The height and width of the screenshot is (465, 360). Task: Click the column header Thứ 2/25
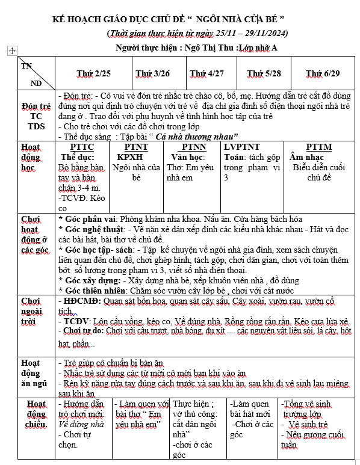pos(93,73)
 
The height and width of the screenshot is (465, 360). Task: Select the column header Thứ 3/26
pos(152,73)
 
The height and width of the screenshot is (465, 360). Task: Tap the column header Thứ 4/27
pos(207,73)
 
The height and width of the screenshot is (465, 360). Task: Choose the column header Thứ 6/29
pos(323,73)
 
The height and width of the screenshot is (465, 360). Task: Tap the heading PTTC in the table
pos(82,147)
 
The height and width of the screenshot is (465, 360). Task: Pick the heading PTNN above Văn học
pos(193,147)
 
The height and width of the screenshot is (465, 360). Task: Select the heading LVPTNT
pos(242,147)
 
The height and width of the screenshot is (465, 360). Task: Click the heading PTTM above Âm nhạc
pos(318,147)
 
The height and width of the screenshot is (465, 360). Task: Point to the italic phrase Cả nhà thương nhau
pos(196,137)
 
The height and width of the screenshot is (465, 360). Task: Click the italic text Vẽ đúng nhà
pos(85,424)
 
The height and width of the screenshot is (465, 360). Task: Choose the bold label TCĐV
pos(77,322)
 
